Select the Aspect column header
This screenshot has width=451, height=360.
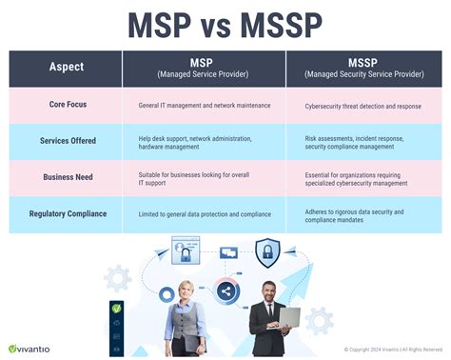click(x=66, y=67)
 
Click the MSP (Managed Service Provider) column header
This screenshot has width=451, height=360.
click(x=204, y=68)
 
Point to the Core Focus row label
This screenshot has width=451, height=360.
click(x=66, y=105)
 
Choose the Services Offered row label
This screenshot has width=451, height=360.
click(x=66, y=141)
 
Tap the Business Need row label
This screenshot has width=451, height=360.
click(x=66, y=177)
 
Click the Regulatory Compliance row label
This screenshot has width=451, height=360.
click(x=66, y=213)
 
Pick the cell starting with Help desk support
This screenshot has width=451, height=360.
click(x=194, y=141)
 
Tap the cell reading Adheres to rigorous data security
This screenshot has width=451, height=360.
click(x=355, y=213)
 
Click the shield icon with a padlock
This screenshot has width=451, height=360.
click(x=267, y=252)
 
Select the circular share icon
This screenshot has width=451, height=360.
click(x=226, y=292)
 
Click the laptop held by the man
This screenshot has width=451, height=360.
click(x=285, y=318)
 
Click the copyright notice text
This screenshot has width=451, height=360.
click(x=386, y=350)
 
